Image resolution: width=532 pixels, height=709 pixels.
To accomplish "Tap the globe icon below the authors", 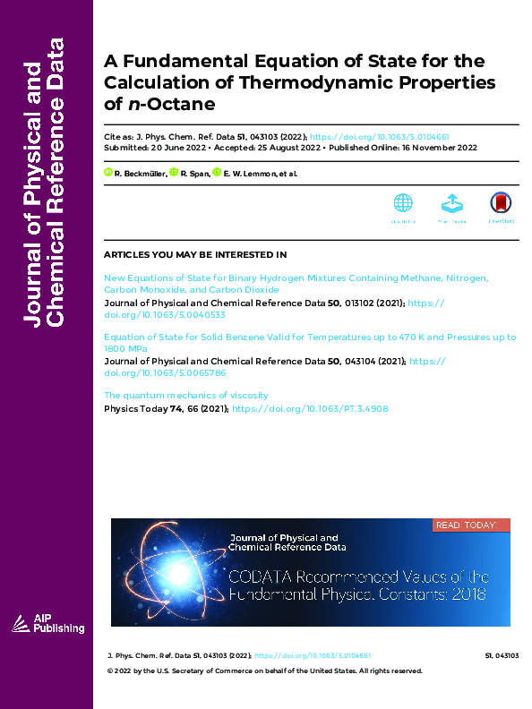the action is click(x=403, y=204).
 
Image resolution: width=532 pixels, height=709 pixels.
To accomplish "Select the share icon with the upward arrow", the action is click(x=452, y=204).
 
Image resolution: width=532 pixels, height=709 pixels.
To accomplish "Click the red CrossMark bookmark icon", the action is click(x=501, y=204).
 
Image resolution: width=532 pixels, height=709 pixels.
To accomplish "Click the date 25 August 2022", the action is click(x=265, y=148).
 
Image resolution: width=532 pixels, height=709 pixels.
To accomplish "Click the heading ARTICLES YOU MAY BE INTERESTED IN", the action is click(x=195, y=255).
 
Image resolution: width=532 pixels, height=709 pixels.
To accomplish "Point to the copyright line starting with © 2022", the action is click(x=264, y=671).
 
